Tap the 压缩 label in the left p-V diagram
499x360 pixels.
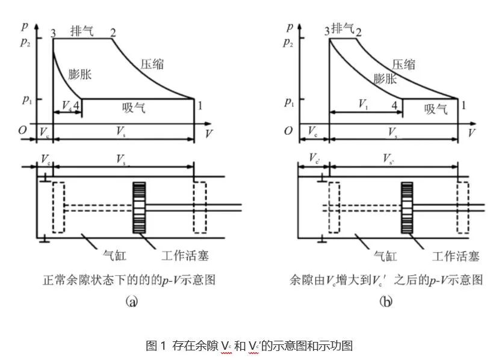[153, 63]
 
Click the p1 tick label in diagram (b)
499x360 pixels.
[289, 99]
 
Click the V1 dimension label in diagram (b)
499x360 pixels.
[363, 105]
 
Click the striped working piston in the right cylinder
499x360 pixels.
[409, 207]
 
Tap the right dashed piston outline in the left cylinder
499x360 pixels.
[199, 207]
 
